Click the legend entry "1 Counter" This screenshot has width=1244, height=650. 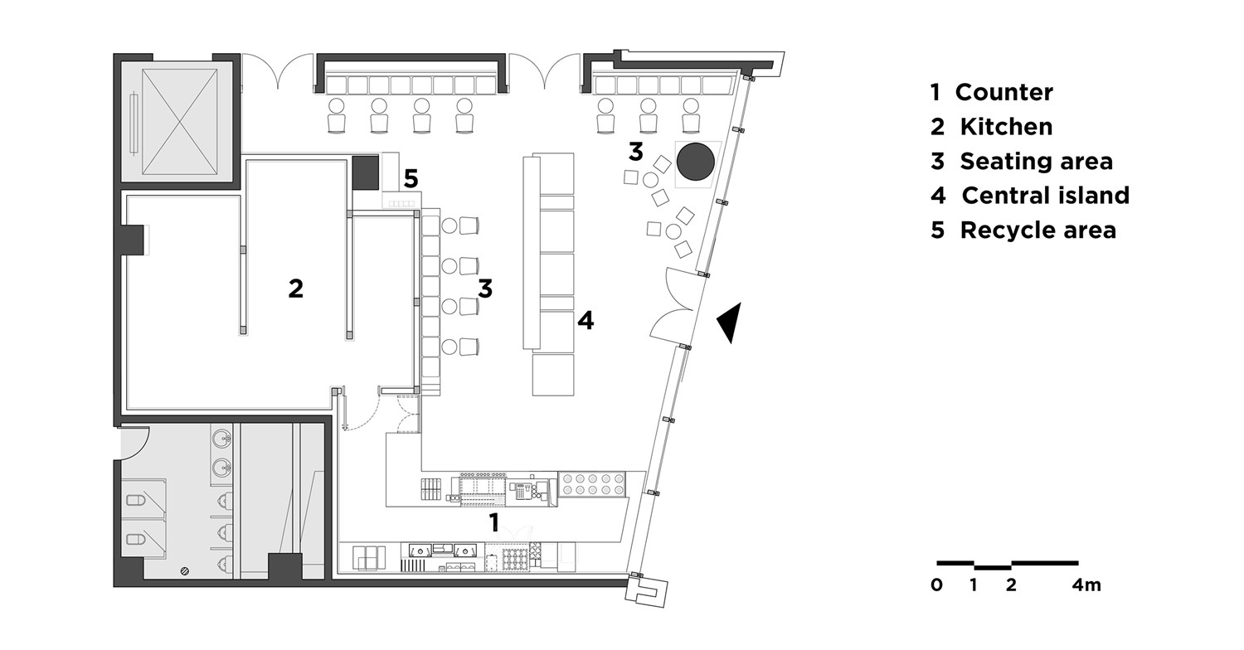(x=992, y=92)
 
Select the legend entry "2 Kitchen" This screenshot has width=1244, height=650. (x=992, y=127)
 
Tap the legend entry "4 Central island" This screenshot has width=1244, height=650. (x=1030, y=196)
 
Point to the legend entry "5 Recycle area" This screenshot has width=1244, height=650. (x=1023, y=230)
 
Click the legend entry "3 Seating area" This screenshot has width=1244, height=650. (x=1022, y=161)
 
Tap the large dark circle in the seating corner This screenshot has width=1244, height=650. (x=695, y=162)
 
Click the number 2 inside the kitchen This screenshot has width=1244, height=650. (x=295, y=289)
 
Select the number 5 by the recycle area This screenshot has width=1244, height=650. (x=411, y=179)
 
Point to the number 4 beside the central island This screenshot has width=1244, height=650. (x=586, y=320)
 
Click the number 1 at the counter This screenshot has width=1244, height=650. (x=493, y=523)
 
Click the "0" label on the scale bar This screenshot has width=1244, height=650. (x=937, y=585)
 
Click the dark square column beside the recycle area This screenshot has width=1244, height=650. (x=366, y=173)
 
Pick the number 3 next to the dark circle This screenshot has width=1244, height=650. (x=635, y=152)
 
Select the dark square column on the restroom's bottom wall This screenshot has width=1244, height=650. (x=285, y=567)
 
